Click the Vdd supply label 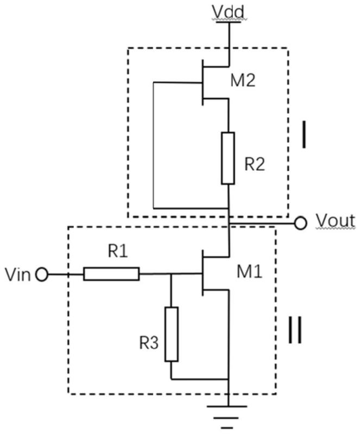[x=228, y=12]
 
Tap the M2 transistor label [x=243, y=81]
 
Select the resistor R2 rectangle [x=228, y=158]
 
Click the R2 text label [x=255, y=165]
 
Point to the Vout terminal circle [x=300, y=223]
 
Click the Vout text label [x=336, y=221]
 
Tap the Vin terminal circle [x=42, y=275]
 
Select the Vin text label [x=18, y=275]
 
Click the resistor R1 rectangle [x=111, y=274]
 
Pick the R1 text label [x=118, y=252]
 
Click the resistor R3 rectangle [x=172, y=334]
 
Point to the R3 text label [x=149, y=343]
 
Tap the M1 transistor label [x=249, y=272]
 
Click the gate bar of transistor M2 [x=203, y=82]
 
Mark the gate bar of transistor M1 [x=203, y=273]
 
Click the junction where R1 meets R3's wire [x=171, y=274]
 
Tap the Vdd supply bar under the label [x=229, y=22]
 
